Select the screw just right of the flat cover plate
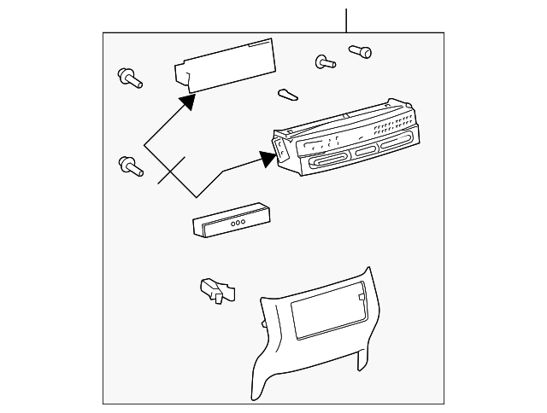(x=325, y=61)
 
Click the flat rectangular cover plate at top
(x=226, y=67)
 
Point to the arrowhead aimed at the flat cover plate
(x=187, y=102)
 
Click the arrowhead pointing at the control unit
(x=266, y=156)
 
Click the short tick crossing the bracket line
(x=172, y=171)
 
